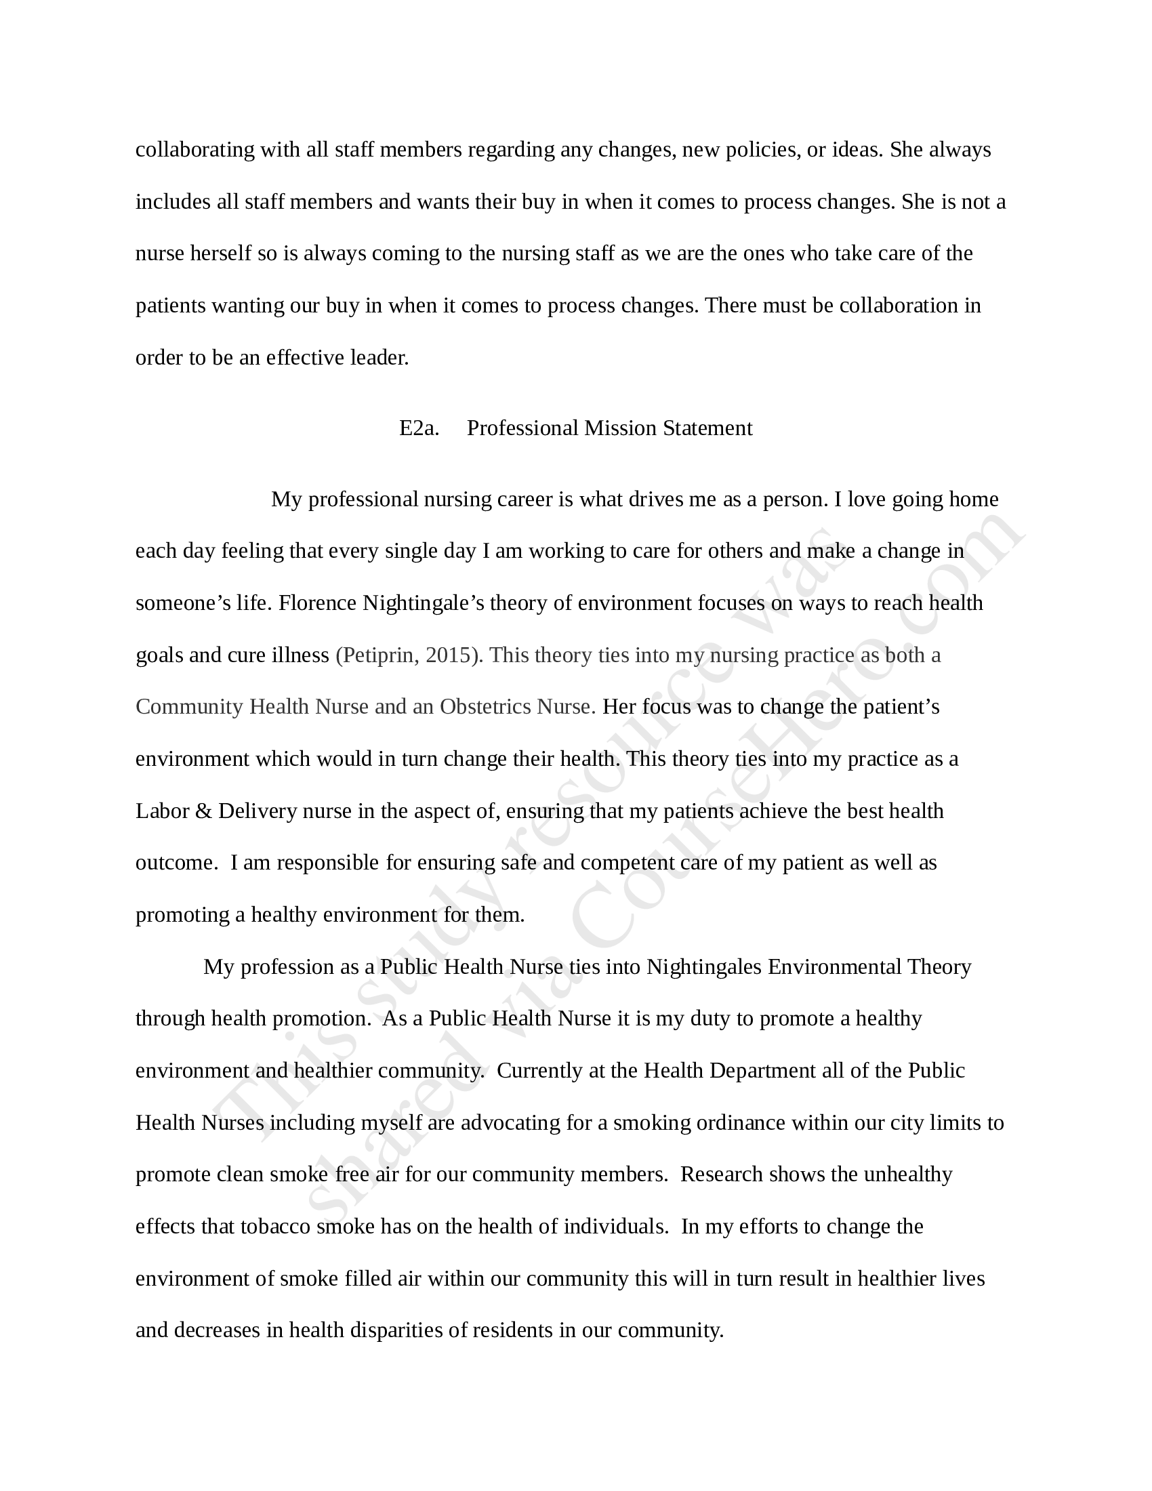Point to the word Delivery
coord(258,811)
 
